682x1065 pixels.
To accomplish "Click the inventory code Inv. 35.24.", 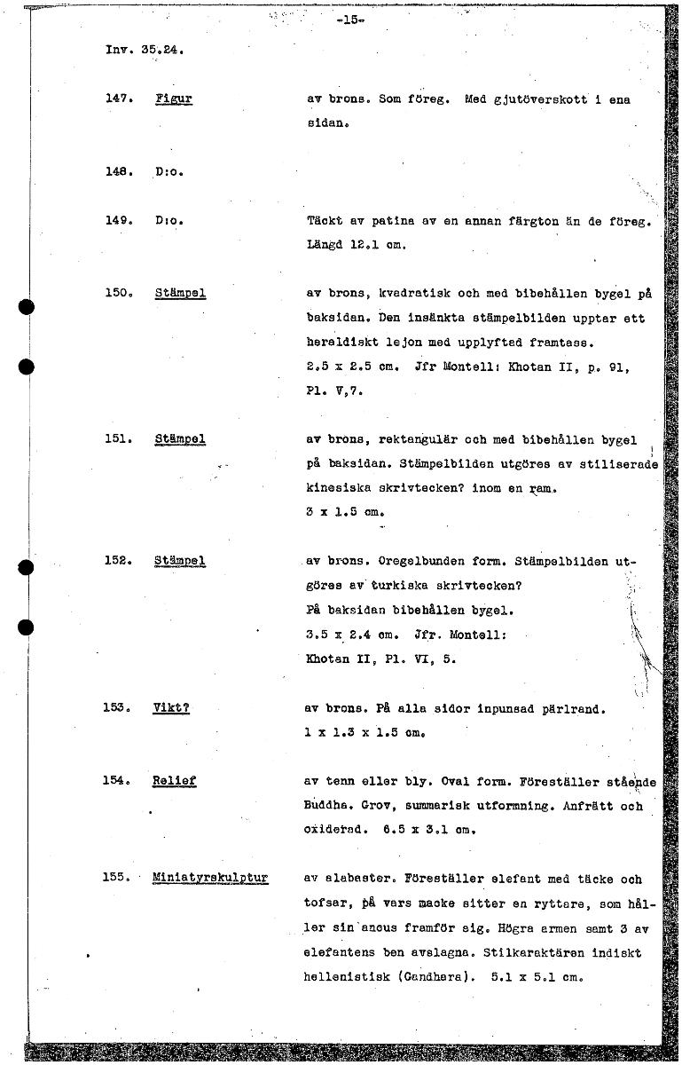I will click(x=145, y=51).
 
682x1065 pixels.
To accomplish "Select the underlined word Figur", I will click(x=173, y=100).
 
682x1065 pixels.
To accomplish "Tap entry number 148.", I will click(x=118, y=170).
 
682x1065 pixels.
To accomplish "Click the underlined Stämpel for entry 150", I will click(x=180, y=293).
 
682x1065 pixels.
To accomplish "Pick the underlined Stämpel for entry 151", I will click(x=180, y=438).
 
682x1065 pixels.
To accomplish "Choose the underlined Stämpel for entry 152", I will click(x=180, y=560).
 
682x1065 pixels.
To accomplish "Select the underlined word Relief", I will click(x=174, y=781).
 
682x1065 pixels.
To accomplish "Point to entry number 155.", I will click(x=118, y=878).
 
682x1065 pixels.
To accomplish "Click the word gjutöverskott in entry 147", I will click(x=532, y=100).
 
